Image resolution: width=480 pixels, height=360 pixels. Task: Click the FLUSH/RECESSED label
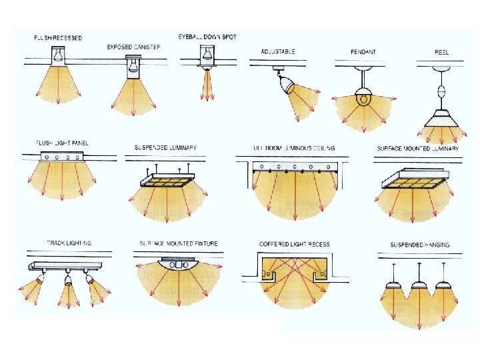(x=59, y=38)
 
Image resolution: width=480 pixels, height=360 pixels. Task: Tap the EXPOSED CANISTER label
(x=133, y=47)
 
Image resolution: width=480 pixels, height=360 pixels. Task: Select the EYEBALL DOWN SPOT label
(x=207, y=36)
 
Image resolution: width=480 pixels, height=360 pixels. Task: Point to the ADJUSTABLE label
(x=279, y=51)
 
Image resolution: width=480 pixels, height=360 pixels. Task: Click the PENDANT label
(x=363, y=51)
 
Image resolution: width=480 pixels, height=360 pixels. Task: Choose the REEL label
(x=441, y=51)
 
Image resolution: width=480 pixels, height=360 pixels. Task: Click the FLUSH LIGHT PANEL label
(x=63, y=143)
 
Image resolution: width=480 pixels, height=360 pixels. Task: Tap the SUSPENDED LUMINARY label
(x=165, y=147)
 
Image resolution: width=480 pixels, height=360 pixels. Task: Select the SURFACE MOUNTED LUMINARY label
(x=418, y=148)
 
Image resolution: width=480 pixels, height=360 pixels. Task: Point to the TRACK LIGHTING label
(x=69, y=243)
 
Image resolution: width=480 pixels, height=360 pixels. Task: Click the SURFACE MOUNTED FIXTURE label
(x=178, y=243)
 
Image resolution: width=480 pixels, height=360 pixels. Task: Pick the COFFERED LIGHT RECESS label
(x=294, y=244)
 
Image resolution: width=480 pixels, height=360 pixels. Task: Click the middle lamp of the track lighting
(x=67, y=281)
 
